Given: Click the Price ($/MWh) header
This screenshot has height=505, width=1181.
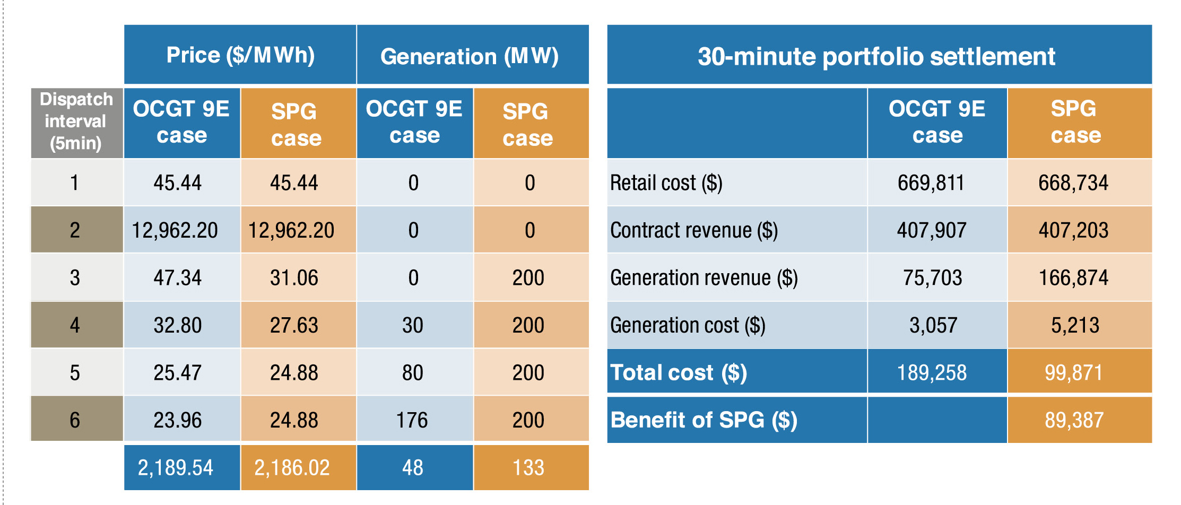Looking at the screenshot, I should pos(240,55).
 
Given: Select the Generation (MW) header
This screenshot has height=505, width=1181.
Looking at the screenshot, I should pos(470,56).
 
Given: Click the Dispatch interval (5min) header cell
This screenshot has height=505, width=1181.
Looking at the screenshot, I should pos(76,121).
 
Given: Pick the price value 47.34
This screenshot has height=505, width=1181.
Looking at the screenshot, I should pos(178,278).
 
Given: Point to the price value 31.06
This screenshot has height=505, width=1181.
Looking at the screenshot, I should pos(294,278).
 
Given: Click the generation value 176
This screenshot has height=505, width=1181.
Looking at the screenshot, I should pos(412,421).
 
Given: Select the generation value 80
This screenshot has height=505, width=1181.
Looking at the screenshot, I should pos(412,373).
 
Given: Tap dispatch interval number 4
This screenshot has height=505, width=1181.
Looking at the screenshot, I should pos(75,325).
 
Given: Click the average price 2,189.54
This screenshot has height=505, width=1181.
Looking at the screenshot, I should pos(176,468).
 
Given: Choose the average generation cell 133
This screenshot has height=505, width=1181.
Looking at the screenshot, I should pos(528,468).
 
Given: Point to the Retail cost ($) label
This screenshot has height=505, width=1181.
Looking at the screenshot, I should pos(666,183).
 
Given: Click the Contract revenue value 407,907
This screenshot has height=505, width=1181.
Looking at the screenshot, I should pos(932,230).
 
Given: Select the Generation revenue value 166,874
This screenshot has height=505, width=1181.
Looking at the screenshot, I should pos(1073,278).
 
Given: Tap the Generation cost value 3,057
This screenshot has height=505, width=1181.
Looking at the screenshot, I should pos(933,325).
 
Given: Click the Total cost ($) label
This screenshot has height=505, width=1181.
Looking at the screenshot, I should pos(679,372).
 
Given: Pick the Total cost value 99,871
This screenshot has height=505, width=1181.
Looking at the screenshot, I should pos(1073,373).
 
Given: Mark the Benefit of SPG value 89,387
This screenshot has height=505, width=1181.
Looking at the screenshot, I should pos(1074,421).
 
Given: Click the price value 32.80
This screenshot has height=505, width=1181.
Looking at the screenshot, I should pos(178,325).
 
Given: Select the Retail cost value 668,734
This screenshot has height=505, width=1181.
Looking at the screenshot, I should pos(1073,183).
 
